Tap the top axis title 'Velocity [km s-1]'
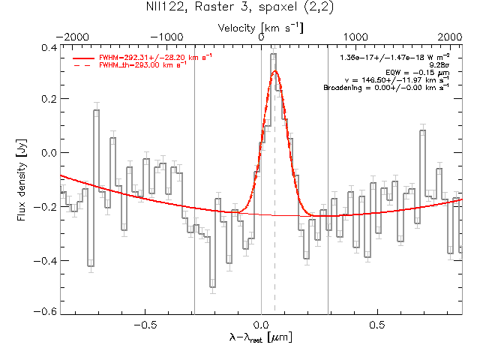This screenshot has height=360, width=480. coord(260,28)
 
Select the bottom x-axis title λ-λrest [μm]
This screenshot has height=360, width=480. coord(260,339)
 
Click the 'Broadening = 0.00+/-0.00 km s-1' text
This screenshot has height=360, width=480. coord(385,88)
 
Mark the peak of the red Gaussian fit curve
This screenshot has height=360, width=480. coord(275,70)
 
